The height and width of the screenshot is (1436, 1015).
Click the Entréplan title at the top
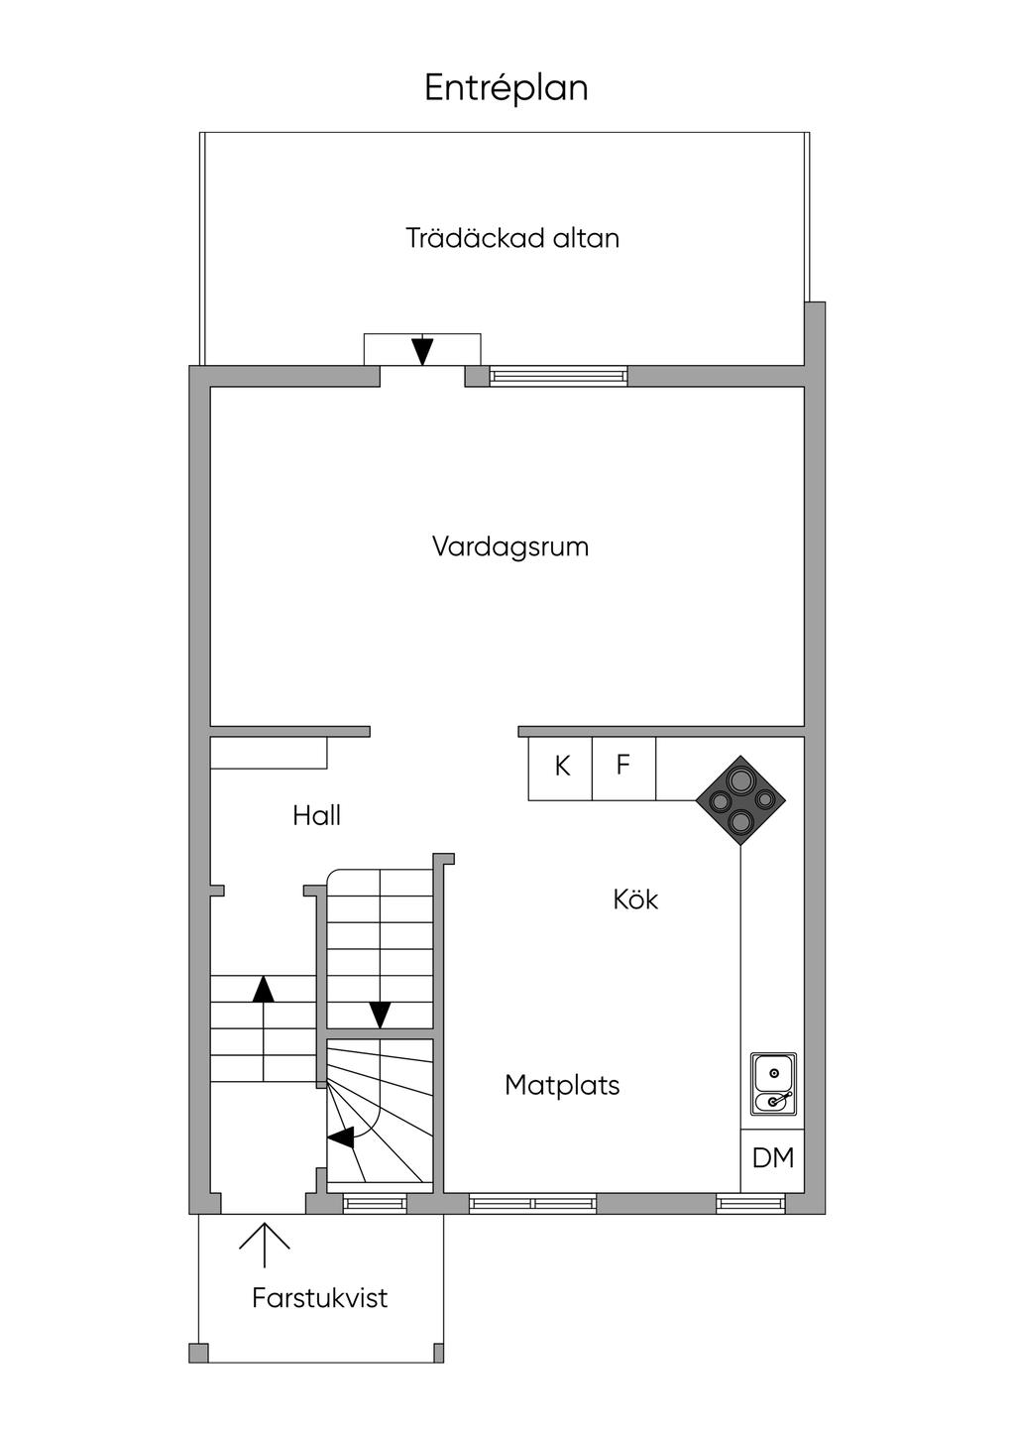(x=507, y=88)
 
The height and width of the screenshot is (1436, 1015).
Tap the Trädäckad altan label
(x=512, y=239)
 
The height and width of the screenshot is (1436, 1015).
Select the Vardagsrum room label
(x=510, y=547)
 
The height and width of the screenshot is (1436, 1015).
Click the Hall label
(x=317, y=816)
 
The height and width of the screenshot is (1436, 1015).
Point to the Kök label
(x=635, y=899)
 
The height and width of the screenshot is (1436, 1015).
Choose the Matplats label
(x=562, y=1085)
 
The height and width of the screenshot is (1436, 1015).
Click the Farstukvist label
(x=319, y=1298)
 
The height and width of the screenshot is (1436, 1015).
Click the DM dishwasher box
(x=773, y=1158)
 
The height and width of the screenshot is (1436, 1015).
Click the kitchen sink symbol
(x=773, y=1084)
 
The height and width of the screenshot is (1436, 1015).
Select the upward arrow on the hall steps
(x=263, y=989)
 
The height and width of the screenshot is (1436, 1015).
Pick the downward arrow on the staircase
(x=380, y=1015)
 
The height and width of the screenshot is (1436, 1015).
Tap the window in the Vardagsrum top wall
(x=558, y=377)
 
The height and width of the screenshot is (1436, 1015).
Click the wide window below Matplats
(x=533, y=1204)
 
